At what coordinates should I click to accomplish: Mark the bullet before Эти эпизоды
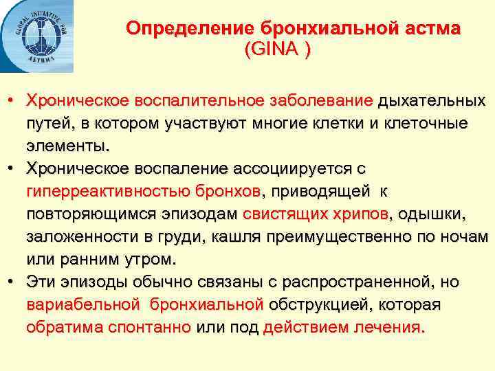pos(12,282)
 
